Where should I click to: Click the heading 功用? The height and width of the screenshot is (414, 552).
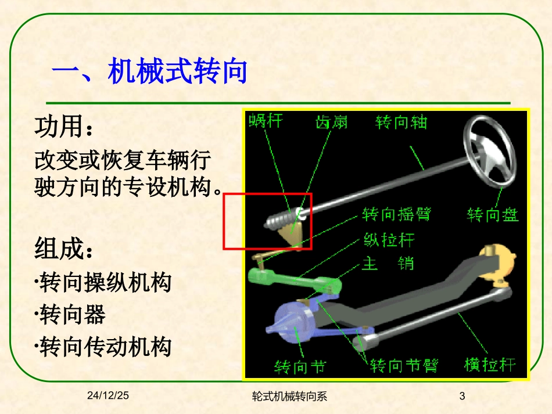pyautogui.click(x=64, y=127)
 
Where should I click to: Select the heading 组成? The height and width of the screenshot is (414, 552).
pyautogui.click(x=64, y=250)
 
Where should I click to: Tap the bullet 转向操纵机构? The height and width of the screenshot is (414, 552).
pyautogui.click(x=105, y=283)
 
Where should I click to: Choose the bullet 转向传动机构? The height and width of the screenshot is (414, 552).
pyautogui.click(x=105, y=347)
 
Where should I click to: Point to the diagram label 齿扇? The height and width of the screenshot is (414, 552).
pyautogui.click(x=331, y=121)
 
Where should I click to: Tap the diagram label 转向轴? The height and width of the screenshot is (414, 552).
pyautogui.click(x=401, y=122)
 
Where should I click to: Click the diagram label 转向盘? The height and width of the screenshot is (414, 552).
pyautogui.click(x=493, y=215)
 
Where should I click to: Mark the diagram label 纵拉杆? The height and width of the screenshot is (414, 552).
pyautogui.click(x=389, y=239)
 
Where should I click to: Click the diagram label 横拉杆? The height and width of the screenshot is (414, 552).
pyautogui.click(x=490, y=365)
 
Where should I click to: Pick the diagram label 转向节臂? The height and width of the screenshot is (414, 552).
pyautogui.click(x=404, y=366)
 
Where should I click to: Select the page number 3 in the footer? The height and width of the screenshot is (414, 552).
pyautogui.click(x=463, y=397)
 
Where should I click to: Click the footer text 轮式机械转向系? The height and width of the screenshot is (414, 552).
pyautogui.click(x=290, y=397)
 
